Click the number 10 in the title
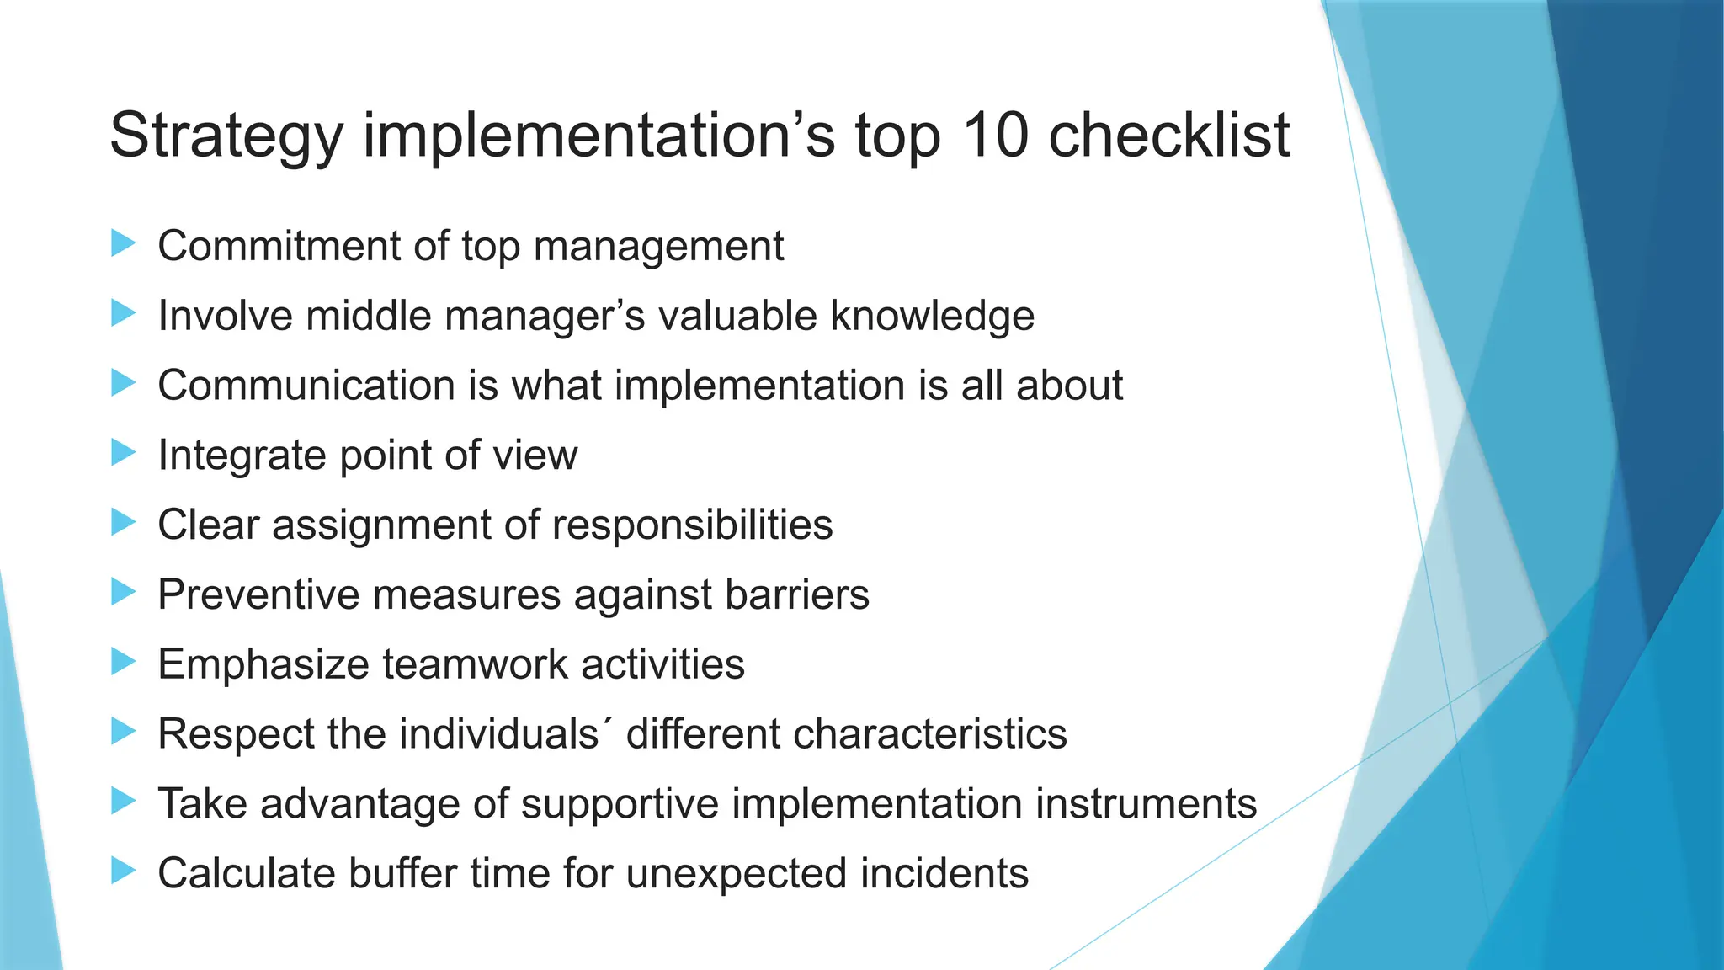pos(994,135)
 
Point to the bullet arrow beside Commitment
pos(123,244)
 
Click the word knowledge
pos(932,317)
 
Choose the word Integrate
pos(242,456)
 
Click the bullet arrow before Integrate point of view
pos(123,453)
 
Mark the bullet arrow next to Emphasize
pos(123,662)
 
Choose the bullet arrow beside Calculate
pos(123,871)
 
